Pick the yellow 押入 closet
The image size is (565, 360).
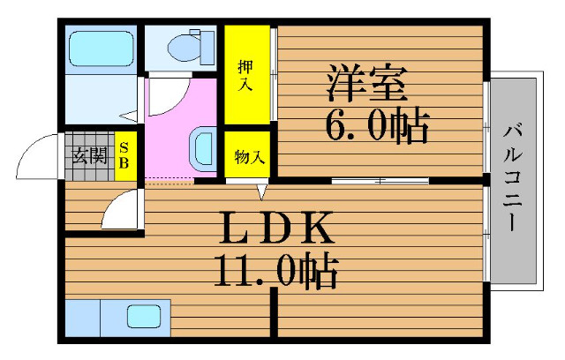coord(245,75)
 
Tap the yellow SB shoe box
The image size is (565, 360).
coord(125,157)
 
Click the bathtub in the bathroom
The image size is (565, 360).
coord(100,46)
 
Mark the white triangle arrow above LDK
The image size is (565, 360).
coord(262,191)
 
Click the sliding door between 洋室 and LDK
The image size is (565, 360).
coord(380,181)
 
